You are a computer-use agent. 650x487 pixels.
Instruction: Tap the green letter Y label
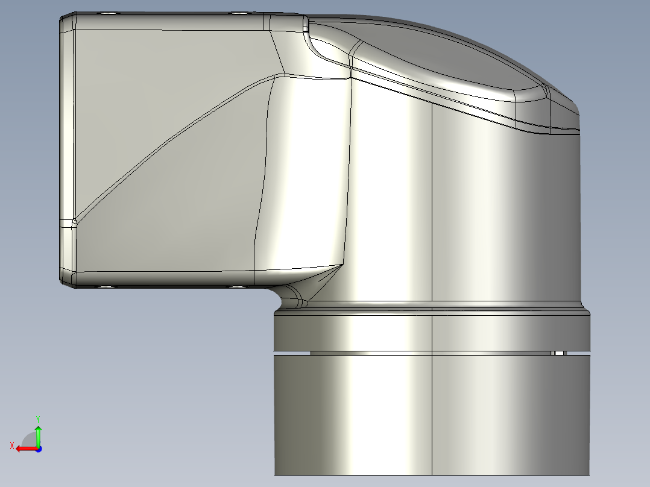pos(38,418)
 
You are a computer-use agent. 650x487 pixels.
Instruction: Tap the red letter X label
pos(11,445)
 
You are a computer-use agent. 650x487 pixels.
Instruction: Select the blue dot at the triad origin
pos(38,448)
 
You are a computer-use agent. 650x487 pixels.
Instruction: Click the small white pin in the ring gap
pos(558,353)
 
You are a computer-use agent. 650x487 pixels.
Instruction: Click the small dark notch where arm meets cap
pos(306,27)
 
